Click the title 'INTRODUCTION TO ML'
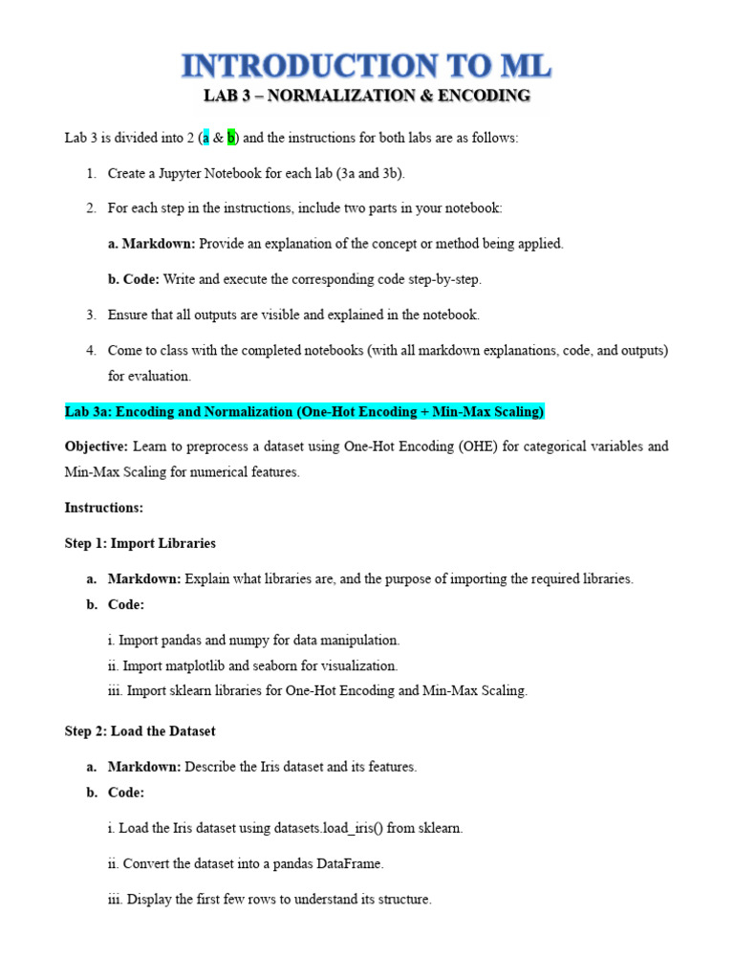[367, 67]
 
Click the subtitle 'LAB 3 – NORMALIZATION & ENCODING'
[367, 96]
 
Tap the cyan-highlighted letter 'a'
[205, 138]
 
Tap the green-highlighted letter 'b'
[230, 138]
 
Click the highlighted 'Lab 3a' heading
[304, 411]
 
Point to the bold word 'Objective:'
[96, 446]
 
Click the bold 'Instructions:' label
[103, 508]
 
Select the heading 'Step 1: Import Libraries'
[140, 543]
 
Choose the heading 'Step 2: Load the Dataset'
[140, 730]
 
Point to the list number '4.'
[92, 351]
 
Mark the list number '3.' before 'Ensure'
[92, 315]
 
